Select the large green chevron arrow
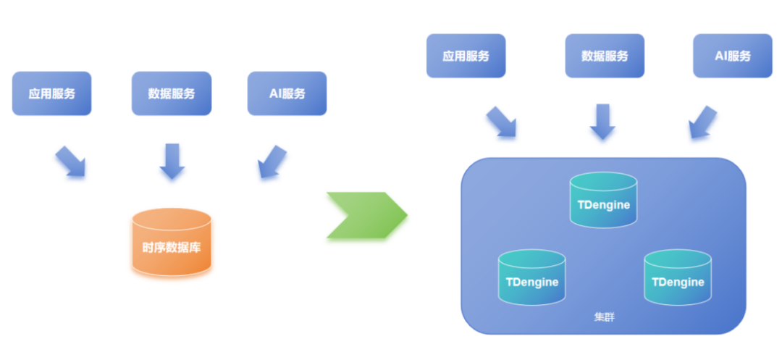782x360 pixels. [x=366, y=216]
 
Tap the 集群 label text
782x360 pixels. [x=603, y=317]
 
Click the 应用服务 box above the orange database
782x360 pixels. [x=51, y=93]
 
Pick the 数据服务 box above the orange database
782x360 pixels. [x=172, y=93]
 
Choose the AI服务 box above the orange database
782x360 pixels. [x=287, y=93]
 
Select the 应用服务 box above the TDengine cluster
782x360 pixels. [x=466, y=56]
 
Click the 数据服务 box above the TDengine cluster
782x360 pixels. [x=605, y=56]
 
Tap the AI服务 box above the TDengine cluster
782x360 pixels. [x=732, y=56]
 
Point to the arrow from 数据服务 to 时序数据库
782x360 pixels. [x=172, y=161]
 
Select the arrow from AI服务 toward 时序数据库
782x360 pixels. [x=272, y=161]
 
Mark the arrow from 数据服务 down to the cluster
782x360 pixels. [x=602, y=122]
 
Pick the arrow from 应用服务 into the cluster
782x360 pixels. [x=501, y=122]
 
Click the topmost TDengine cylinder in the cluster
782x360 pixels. [x=603, y=201]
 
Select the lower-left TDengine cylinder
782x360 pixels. [x=531, y=278]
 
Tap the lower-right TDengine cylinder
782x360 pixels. [x=678, y=278]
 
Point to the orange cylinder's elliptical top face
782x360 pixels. [x=172, y=219]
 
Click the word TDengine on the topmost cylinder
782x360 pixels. [x=603, y=205]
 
